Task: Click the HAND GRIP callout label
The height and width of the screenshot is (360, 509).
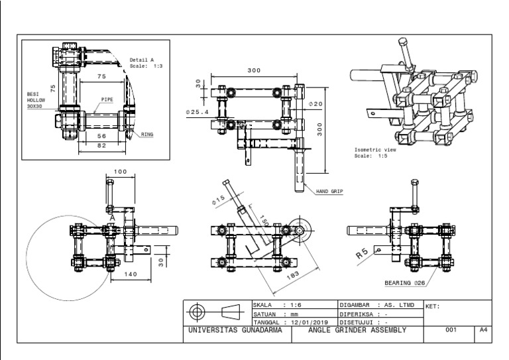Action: (333, 191)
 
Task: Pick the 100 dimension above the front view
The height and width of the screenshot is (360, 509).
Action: (120, 172)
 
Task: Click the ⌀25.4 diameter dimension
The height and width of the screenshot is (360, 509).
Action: (198, 112)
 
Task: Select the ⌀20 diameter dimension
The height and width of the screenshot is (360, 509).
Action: (315, 104)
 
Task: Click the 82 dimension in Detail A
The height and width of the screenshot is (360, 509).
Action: (101, 145)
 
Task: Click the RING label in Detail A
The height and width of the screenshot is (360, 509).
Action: (146, 133)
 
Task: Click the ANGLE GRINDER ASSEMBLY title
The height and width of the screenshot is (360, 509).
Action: (357, 330)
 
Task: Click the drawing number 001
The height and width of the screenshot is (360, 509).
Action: (451, 330)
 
